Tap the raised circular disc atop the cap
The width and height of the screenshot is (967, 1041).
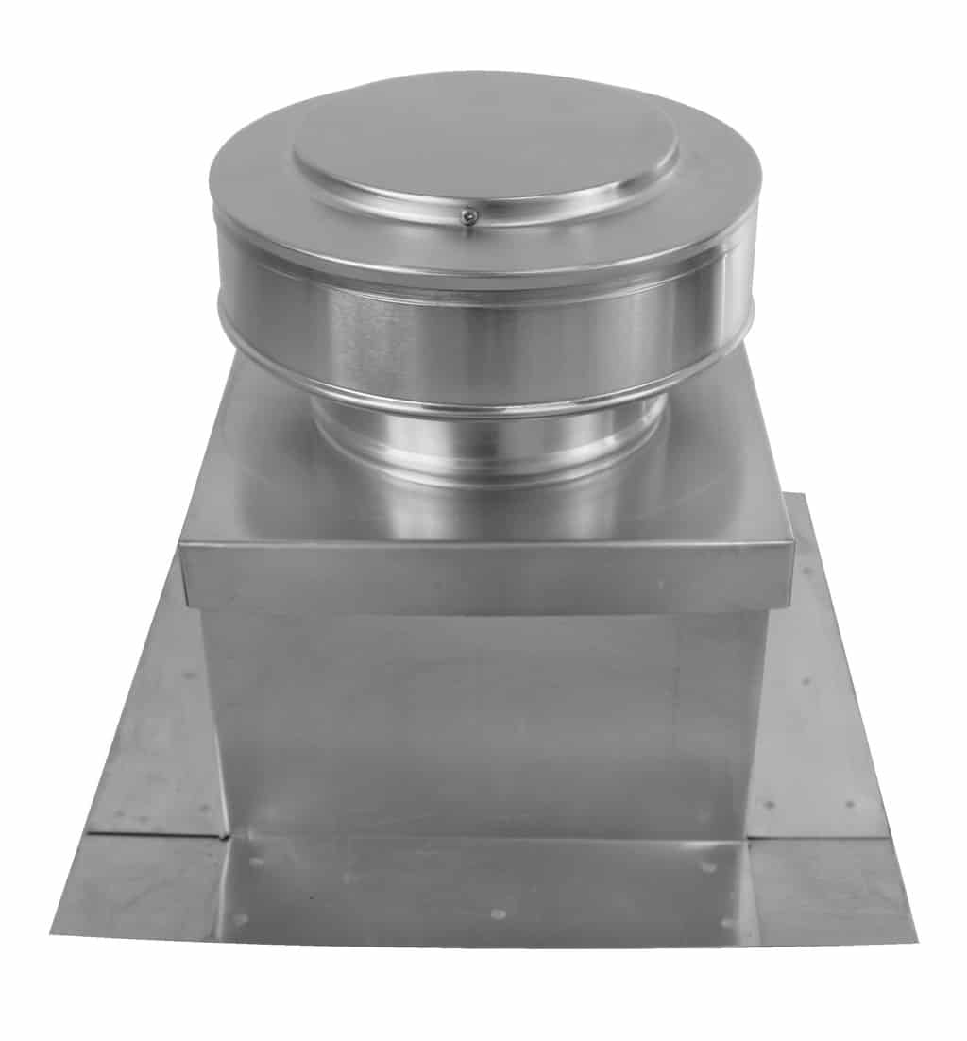coord(484,150)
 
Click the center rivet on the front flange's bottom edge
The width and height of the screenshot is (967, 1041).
coord(498,914)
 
